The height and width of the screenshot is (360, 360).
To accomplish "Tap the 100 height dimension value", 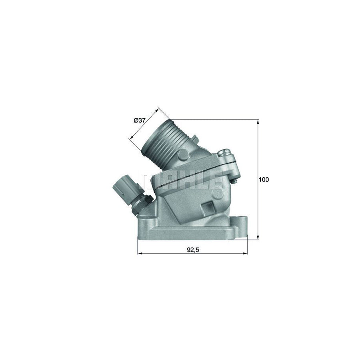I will [x=264, y=180].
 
